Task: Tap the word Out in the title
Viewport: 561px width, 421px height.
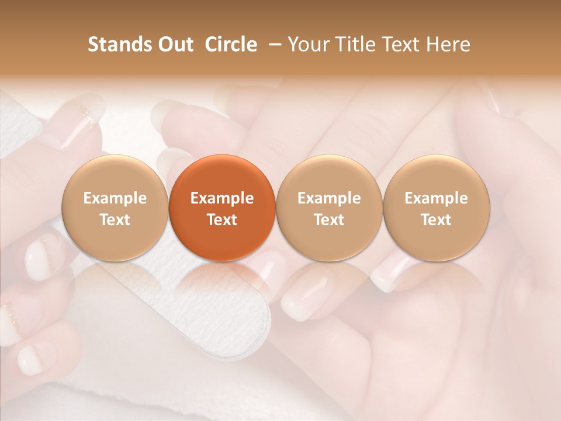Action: click(x=174, y=44)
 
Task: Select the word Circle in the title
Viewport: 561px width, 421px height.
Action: click(x=231, y=44)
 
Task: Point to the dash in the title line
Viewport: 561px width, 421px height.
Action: click(x=273, y=44)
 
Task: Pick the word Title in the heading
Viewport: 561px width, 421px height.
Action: click(x=354, y=44)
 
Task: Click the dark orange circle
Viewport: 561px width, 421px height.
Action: click(x=222, y=208)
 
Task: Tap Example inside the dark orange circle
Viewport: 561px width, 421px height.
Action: click(x=222, y=198)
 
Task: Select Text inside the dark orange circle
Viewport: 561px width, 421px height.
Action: click(x=222, y=220)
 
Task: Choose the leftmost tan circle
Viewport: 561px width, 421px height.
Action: click(x=115, y=208)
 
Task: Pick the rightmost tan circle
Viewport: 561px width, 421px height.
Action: click(x=436, y=208)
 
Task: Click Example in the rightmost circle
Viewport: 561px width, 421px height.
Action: click(x=436, y=198)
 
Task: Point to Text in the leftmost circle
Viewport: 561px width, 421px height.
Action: click(x=115, y=220)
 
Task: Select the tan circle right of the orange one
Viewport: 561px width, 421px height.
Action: click(x=329, y=208)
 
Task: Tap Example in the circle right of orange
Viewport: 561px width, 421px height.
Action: click(x=329, y=198)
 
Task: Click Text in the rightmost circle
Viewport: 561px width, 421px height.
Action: click(x=436, y=220)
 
